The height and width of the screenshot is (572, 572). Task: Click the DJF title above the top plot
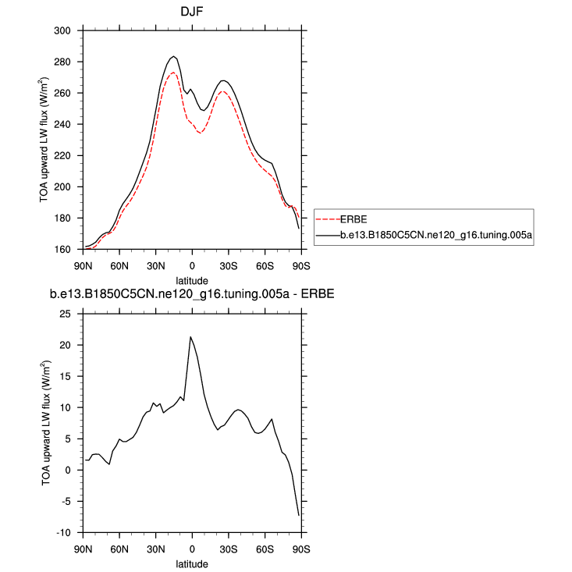point(192,12)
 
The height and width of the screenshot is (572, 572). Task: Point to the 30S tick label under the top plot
point(229,265)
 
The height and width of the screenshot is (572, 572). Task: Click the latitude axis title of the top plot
point(192,279)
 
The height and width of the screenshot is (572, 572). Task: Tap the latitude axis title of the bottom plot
point(192,563)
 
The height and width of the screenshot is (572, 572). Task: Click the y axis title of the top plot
point(48,140)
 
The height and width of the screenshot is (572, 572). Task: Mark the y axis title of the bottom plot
point(48,423)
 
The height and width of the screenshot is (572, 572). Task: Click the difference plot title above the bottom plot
point(192,295)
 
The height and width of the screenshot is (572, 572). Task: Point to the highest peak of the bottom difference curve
point(190,336)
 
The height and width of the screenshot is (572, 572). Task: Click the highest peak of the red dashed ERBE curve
point(173,72)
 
